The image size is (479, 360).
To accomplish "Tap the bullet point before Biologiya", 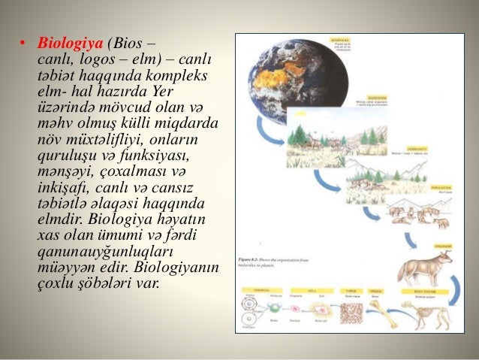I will pos(23,41).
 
